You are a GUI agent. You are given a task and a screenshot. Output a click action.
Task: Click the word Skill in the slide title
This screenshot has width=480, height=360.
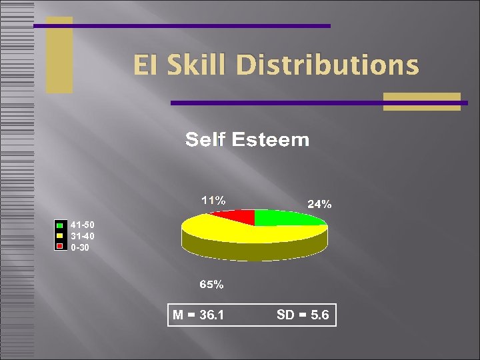click(x=199, y=66)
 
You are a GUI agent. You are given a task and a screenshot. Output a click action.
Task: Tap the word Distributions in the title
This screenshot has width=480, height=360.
click(x=327, y=66)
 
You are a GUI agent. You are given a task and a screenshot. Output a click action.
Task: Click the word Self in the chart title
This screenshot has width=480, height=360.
click(x=204, y=140)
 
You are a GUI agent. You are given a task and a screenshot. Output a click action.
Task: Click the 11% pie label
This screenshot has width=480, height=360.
click(x=213, y=199)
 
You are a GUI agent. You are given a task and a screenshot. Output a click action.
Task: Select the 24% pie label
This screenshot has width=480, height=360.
click(x=319, y=205)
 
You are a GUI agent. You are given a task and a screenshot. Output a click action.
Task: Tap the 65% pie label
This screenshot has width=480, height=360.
click(x=212, y=285)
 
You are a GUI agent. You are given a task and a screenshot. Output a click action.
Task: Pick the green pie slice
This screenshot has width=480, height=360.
click(x=280, y=217)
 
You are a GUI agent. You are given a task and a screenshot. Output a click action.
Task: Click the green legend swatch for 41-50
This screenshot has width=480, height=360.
click(x=60, y=225)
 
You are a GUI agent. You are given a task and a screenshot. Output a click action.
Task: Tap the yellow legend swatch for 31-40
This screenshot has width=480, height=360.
click(x=60, y=236)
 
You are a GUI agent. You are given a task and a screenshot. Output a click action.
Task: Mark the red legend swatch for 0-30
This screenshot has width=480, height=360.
click(x=60, y=247)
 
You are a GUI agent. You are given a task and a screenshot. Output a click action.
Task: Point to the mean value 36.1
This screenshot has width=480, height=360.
click(x=211, y=315)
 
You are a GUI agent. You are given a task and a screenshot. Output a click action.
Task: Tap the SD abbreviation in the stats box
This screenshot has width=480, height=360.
click(x=285, y=315)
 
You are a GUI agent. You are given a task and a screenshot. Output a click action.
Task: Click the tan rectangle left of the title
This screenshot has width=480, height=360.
click(x=59, y=55)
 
